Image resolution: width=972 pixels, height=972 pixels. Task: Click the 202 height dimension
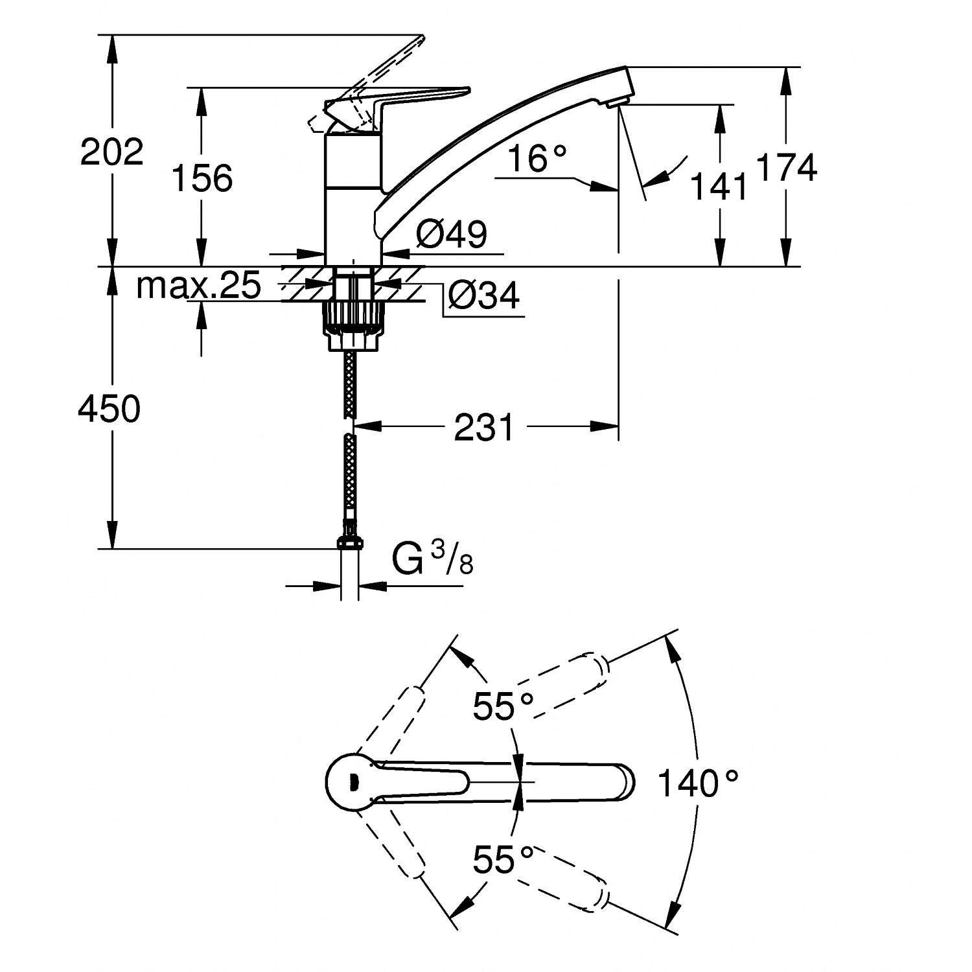point(111,153)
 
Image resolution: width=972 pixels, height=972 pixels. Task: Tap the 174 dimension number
point(787,168)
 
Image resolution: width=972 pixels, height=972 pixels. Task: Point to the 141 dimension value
point(717,187)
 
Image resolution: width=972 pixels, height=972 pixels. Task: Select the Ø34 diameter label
point(483,295)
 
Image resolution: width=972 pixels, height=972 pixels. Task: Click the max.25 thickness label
point(198,285)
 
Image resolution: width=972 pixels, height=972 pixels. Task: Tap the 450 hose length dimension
point(109,409)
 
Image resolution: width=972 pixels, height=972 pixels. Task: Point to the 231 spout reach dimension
point(483,427)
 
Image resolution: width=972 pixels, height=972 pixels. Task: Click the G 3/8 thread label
point(433,559)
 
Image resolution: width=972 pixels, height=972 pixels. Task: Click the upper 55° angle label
point(503,706)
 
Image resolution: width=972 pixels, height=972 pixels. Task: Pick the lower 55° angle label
point(503,859)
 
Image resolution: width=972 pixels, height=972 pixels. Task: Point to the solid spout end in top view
point(622,783)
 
